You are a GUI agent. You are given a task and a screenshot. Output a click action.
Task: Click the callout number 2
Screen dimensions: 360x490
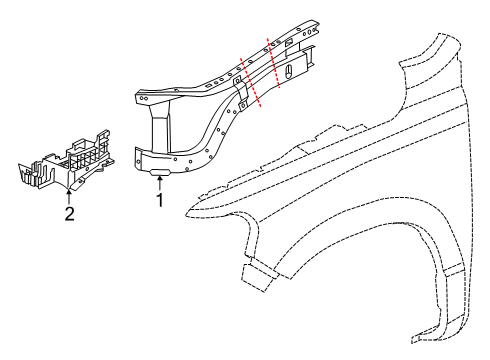[69, 212]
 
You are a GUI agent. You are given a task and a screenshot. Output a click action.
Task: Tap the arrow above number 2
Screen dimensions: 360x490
[69, 194]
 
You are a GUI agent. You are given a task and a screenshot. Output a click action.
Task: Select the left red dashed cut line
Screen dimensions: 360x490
[250, 81]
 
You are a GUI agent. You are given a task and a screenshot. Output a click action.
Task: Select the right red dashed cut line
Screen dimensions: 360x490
[273, 62]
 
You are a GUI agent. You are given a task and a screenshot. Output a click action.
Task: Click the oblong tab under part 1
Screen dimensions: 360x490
[157, 172]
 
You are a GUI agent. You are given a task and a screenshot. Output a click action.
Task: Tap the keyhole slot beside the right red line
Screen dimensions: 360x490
[288, 72]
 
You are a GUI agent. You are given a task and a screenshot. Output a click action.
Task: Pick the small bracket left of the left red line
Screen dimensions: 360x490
[241, 96]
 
